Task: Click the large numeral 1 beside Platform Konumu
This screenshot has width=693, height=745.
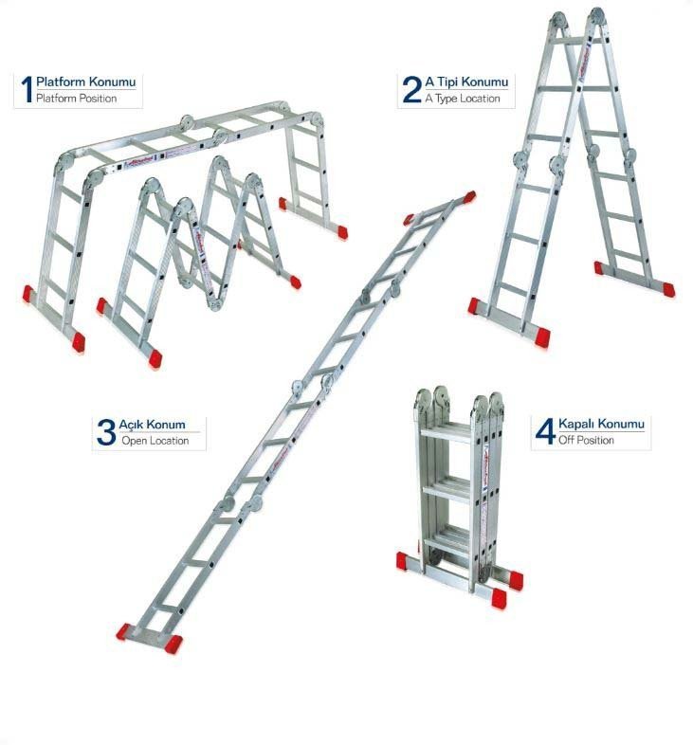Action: [27, 89]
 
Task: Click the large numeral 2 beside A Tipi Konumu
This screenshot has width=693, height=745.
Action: [411, 89]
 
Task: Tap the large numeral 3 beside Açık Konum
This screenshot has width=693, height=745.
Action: [106, 431]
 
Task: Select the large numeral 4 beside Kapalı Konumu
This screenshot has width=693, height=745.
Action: [544, 431]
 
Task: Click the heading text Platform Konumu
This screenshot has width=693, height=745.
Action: [85, 82]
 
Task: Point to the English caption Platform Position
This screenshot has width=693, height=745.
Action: [76, 99]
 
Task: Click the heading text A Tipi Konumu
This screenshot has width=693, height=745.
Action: [466, 82]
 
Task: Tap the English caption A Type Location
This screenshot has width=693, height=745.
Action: [462, 99]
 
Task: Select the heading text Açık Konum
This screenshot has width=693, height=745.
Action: [152, 425]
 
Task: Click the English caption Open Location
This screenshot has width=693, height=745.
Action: [155, 441]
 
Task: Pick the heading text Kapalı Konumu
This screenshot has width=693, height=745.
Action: [601, 425]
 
